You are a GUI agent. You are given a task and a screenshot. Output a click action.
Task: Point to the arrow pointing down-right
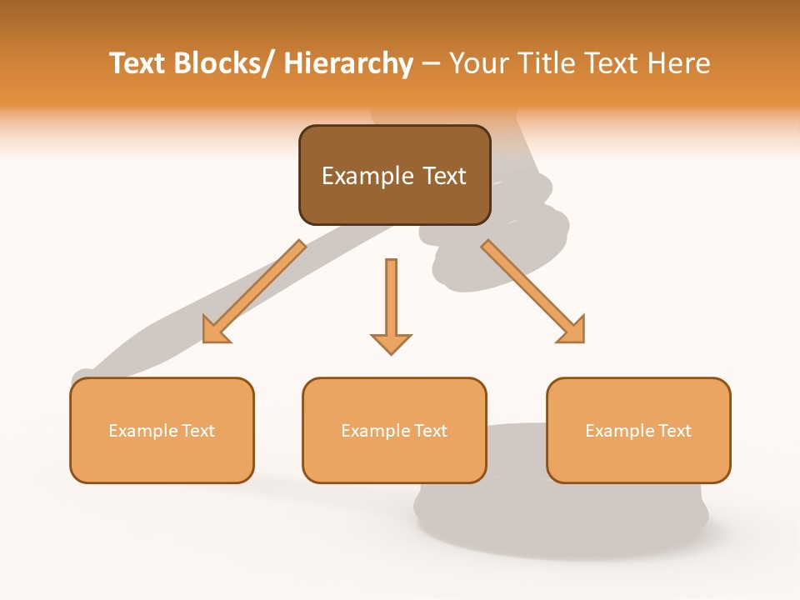(x=533, y=292)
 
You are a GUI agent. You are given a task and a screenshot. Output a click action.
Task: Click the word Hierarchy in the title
(x=348, y=63)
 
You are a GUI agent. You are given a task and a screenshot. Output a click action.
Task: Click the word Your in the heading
(x=477, y=63)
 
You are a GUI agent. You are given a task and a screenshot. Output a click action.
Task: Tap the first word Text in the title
(x=138, y=63)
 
